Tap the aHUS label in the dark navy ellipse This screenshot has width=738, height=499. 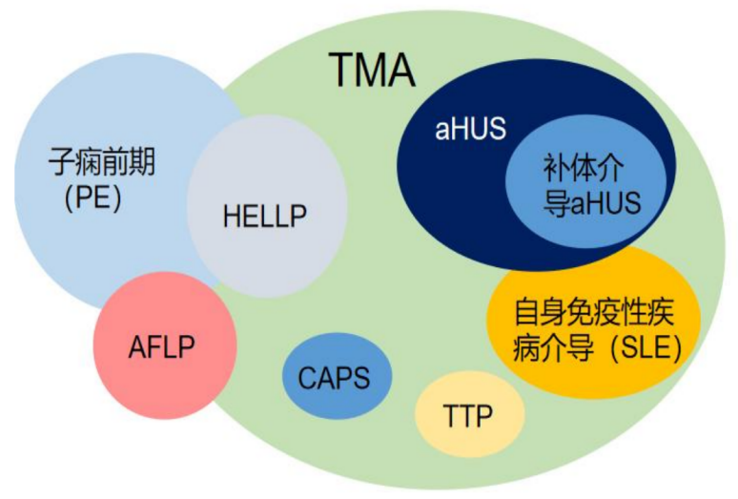470,130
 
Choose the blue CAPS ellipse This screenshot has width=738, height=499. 338,375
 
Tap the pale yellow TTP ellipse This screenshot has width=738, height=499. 470,413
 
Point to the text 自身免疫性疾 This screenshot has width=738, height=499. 593,311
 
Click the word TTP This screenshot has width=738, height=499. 470,416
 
